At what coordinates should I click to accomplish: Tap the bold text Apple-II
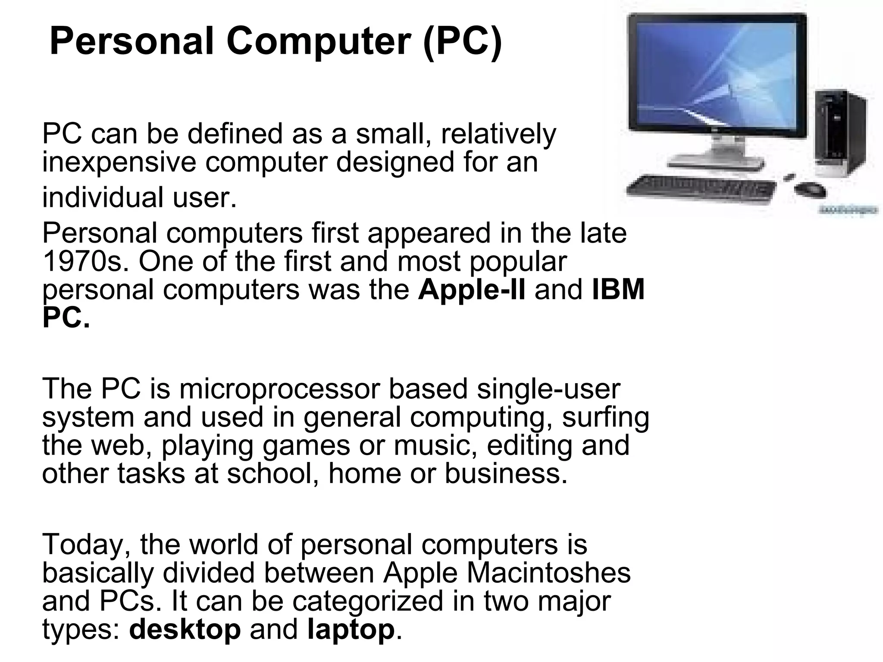coord(472,289)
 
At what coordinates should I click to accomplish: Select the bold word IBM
coord(618,289)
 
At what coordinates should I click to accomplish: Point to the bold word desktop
coord(185,629)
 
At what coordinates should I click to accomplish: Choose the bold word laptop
coord(351,630)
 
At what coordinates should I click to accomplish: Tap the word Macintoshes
coord(548,573)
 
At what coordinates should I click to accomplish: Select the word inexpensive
coord(119,162)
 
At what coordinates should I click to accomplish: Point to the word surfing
coord(605,418)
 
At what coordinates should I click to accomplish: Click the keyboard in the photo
coord(701,189)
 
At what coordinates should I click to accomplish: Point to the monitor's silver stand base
coord(716,164)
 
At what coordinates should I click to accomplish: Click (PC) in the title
coord(462,42)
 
